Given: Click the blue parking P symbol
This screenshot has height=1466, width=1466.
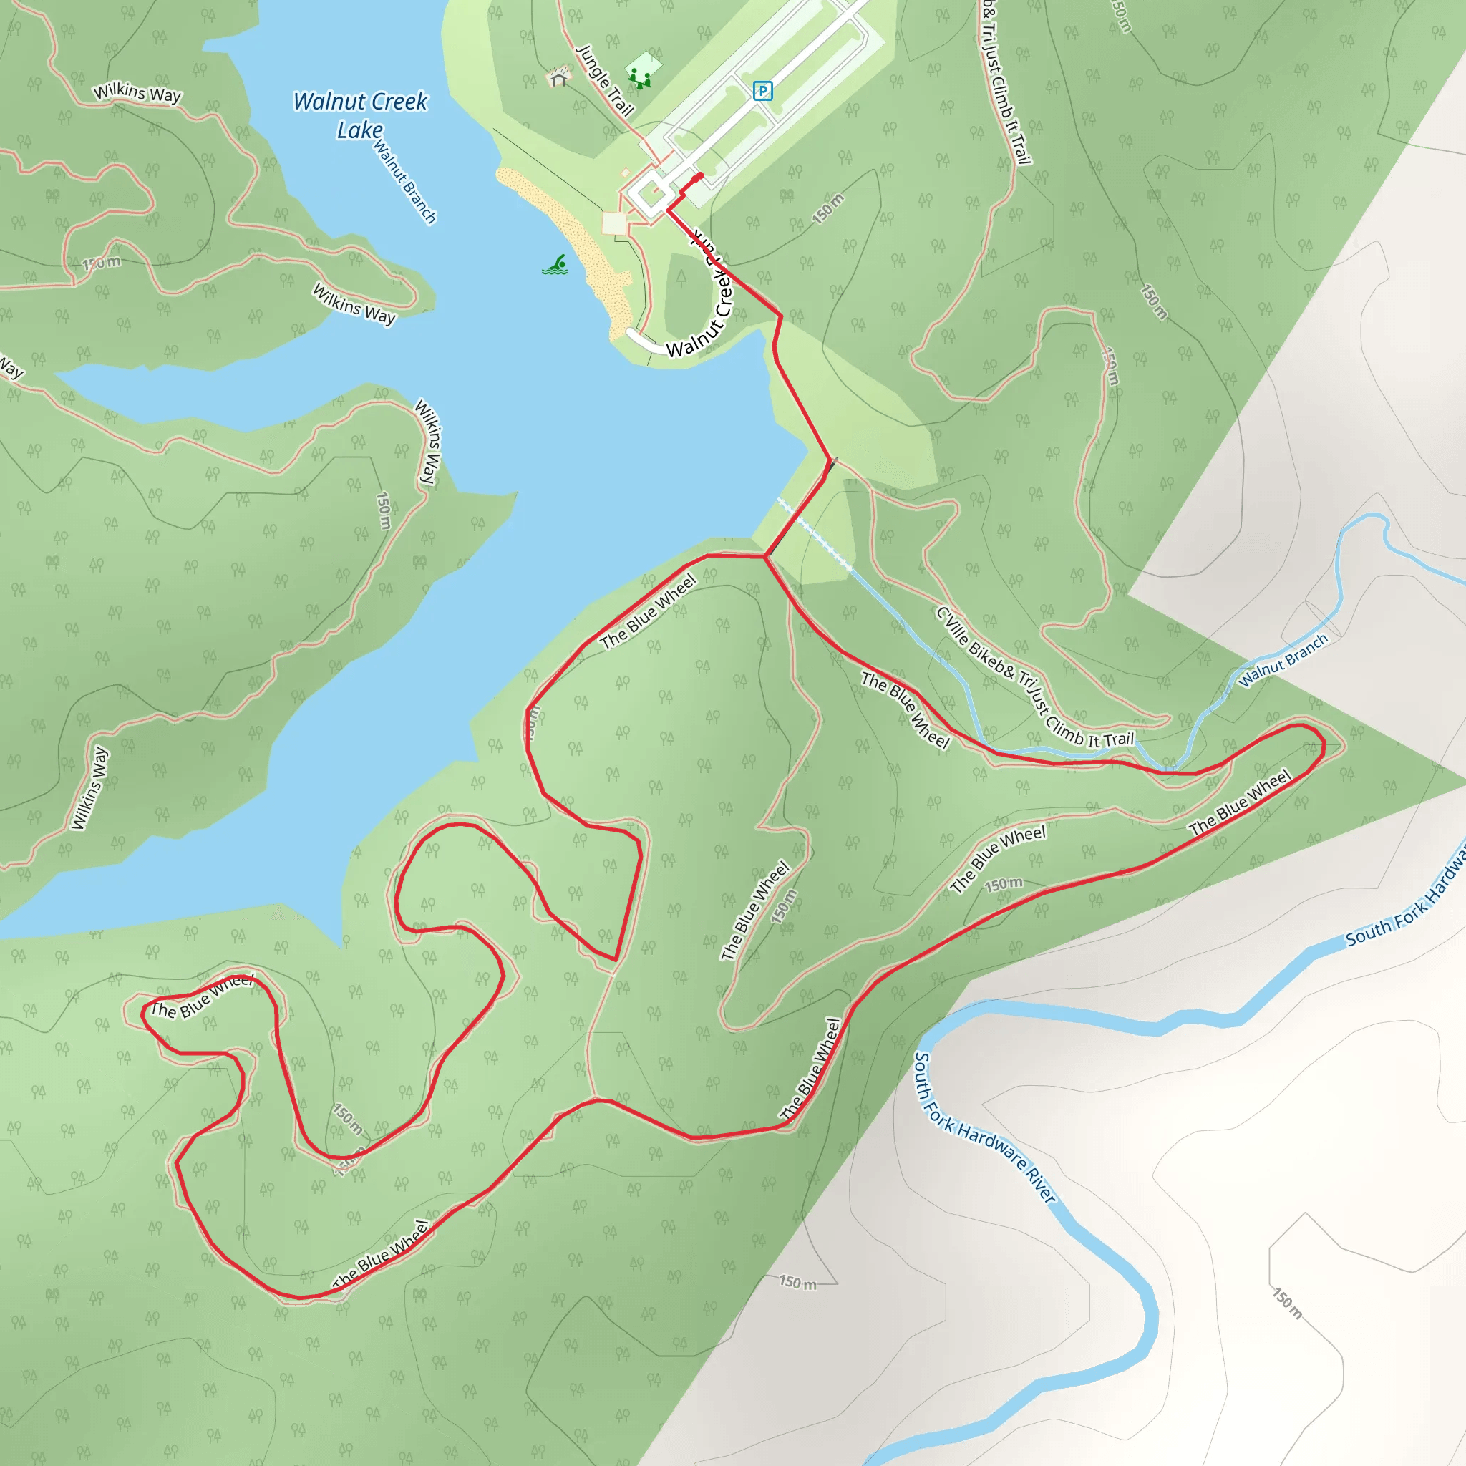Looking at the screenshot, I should point(762,91).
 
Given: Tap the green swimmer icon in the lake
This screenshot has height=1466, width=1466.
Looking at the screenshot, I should point(555,265).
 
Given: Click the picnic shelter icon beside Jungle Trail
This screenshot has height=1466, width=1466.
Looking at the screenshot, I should point(559,76).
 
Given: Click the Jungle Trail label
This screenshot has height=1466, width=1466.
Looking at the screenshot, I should point(605,79).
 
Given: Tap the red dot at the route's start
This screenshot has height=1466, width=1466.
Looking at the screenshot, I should point(699,176).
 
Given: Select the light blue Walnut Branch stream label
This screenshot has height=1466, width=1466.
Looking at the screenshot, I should point(1283,659).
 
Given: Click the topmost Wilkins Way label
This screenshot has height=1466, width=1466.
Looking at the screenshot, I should point(137,92).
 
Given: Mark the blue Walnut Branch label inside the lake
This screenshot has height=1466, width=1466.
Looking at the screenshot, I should point(404,182).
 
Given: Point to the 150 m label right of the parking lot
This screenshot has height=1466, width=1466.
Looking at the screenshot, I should point(828,209).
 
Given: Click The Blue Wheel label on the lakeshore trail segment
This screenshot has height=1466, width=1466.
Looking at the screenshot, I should point(648,611).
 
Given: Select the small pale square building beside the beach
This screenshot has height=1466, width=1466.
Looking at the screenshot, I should point(614,223).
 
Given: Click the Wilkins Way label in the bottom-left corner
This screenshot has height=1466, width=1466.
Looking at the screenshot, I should point(89,788).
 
